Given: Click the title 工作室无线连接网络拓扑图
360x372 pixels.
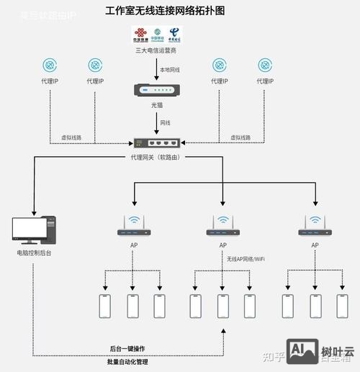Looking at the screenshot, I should point(165,12).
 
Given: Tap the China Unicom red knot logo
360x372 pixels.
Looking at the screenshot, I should point(140,35).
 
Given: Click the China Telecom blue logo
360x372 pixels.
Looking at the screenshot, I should point(174,35).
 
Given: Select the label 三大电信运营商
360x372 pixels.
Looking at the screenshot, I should point(156,51).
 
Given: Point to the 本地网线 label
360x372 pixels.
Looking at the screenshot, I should point(170,68).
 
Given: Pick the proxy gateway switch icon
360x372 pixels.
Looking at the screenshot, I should point(156,143).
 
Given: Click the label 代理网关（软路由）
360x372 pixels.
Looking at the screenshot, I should point(156,157).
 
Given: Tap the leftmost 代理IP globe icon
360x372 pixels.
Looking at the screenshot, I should point(49,65).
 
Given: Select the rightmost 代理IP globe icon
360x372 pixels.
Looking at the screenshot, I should point(265,65).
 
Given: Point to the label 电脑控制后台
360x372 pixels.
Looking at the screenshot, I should point(34,253).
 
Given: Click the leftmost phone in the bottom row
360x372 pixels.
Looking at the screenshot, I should point(105,306).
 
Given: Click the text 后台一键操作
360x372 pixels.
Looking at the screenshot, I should point(127,348).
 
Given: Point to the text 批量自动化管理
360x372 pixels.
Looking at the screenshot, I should point(127,362).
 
